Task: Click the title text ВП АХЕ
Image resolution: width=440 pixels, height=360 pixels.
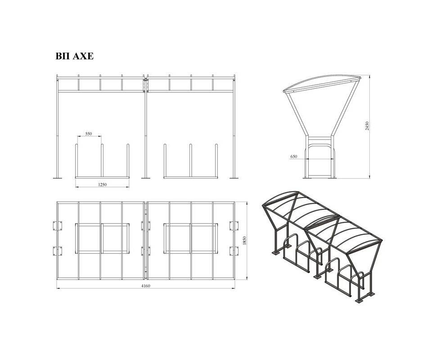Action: [74, 56]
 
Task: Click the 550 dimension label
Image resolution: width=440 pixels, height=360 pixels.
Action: [89, 134]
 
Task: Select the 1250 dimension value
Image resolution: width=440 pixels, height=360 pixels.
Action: [102, 184]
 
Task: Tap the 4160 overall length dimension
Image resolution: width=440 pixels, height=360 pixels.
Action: [146, 286]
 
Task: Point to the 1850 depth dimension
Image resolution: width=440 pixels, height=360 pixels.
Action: [244, 241]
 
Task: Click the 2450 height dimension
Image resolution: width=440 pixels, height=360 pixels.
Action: [367, 126]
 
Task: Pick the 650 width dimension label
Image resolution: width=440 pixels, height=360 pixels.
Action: [294, 157]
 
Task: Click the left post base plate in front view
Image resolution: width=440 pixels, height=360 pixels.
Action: [58, 178]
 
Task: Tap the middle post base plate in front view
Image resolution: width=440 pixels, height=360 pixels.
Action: [146, 178]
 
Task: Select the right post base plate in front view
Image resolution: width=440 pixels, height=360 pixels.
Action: [234, 178]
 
